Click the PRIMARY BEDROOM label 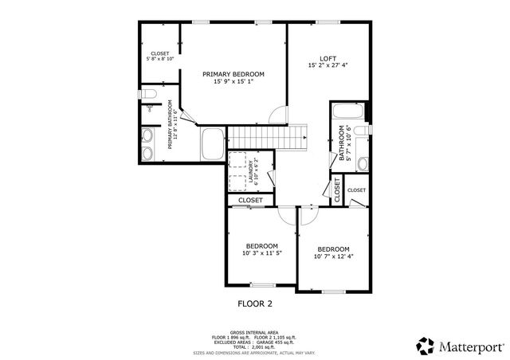(x=233, y=74)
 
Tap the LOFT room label (x=328, y=58)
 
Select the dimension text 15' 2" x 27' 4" (x=328, y=66)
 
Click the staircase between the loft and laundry (x=296, y=136)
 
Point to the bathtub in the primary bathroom (x=213, y=145)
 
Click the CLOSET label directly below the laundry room (x=250, y=200)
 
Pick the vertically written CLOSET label (x=337, y=190)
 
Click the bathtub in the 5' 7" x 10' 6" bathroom (x=347, y=112)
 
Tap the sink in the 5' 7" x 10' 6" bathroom (x=362, y=163)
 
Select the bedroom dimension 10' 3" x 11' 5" (x=261, y=253)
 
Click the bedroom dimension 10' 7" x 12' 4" (x=332, y=256)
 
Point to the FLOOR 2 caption (x=255, y=303)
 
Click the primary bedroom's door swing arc (x=277, y=115)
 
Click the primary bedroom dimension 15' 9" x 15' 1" (x=233, y=82)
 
